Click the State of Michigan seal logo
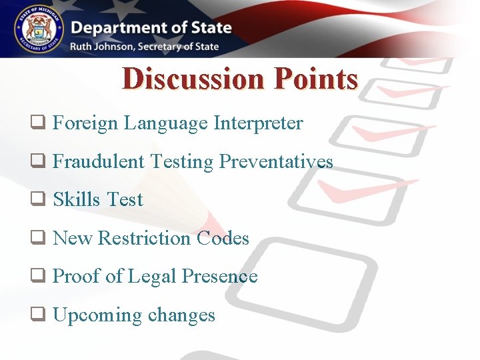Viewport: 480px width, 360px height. coord(37,29)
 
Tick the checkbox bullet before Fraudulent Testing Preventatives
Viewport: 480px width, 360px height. coord(37,162)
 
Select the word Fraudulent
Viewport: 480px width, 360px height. coord(99,161)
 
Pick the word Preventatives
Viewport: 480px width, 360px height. coord(276,161)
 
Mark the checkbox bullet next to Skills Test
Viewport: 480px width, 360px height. coord(37,200)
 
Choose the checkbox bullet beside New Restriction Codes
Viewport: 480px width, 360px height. coord(37,239)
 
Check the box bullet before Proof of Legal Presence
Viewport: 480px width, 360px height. coord(37,277)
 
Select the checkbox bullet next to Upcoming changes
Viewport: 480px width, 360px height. coord(37,315)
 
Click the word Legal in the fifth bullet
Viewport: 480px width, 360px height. coord(157,277)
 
